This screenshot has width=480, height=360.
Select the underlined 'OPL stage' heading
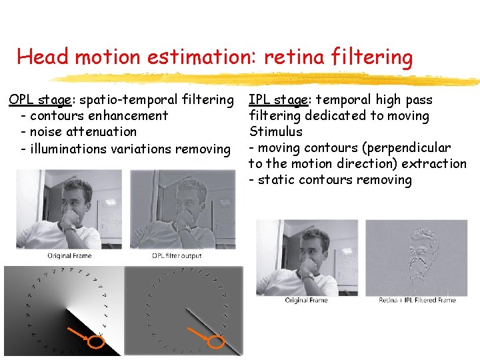[40, 100]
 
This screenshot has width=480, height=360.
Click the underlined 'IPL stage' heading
[278, 100]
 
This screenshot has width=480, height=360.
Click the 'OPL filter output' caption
[177, 256]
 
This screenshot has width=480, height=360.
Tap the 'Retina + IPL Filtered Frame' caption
[417, 300]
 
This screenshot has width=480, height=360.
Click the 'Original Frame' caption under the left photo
[69, 256]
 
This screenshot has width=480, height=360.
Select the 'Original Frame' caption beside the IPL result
[306, 300]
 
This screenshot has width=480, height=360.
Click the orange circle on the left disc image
[96, 341]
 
